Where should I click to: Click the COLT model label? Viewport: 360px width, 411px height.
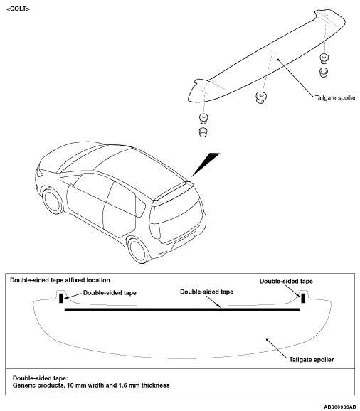click(x=18, y=9)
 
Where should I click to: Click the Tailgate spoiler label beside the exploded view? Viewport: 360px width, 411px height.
click(x=335, y=97)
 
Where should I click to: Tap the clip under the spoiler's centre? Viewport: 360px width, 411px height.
click(x=261, y=97)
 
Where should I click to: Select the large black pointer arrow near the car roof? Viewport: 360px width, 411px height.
click(x=206, y=164)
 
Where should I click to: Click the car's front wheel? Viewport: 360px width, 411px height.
click(x=53, y=201)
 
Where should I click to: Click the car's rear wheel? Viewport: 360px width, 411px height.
click(x=139, y=250)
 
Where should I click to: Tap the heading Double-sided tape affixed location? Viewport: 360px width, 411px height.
click(x=60, y=280)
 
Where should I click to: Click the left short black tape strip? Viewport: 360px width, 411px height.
click(x=61, y=298)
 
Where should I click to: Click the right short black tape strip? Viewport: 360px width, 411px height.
click(x=303, y=298)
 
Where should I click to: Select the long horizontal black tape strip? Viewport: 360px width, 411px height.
click(x=182, y=310)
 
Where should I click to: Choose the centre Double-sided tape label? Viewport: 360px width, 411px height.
click(x=206, y=292)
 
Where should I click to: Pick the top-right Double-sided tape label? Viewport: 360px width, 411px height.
click(x=286, y=282)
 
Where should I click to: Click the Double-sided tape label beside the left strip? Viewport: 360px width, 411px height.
click(x=110, y=293)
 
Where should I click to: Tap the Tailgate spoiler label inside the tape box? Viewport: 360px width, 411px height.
click(x=312, y=360)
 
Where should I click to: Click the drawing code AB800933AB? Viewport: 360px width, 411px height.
click(x=340, y=407)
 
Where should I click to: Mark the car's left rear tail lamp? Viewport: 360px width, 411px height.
click(x=154, y=230)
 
